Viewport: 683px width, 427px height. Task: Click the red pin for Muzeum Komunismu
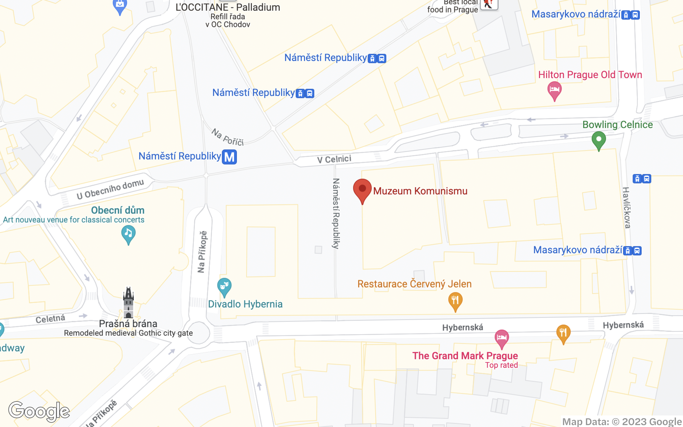coord(362,189)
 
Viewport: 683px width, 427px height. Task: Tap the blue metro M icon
coord(229,157)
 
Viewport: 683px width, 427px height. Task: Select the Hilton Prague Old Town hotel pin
coord(554,90)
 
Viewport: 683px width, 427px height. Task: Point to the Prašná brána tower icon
coord(128,302)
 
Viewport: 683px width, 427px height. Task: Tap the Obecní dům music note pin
coord(128,234)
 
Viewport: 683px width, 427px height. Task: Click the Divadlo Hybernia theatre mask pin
coord(224,286)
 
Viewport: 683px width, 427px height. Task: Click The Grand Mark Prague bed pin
coord(502,338)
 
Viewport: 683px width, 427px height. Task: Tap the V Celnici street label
coord(334,159)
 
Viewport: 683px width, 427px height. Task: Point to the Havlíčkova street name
coord(627,208)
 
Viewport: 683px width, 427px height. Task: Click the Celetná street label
coord(50,319)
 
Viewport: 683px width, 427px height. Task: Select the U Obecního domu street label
coord(110,189)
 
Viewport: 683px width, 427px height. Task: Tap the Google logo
coord(39,411)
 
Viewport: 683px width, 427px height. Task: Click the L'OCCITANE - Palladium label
coord(228,7)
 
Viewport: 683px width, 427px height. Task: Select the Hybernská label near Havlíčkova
coord(623,325)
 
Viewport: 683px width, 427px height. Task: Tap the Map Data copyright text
coord(622,422)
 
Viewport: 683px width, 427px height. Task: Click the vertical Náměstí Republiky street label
coord(336,213)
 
